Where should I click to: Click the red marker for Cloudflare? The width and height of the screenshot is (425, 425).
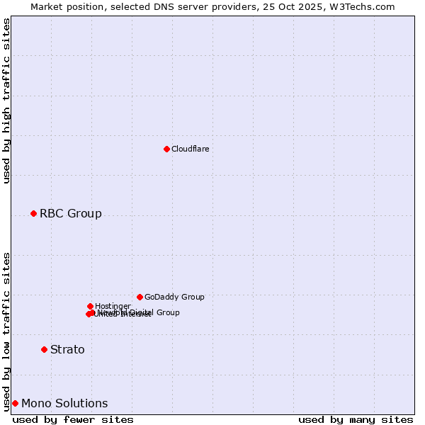[166, 149]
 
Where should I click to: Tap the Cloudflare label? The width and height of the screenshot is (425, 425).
[190, 149]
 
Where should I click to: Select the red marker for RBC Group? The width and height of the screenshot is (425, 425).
[33, 213]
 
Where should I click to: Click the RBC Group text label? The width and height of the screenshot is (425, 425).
[70, 213]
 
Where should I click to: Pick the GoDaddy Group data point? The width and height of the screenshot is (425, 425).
[140, 297]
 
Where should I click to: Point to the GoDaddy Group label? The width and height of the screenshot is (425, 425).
[174, 297]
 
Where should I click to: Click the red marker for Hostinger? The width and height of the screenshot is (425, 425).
[90, 306]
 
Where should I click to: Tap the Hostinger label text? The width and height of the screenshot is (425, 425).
[113, 306]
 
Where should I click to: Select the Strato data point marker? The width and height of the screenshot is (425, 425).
[44, 349]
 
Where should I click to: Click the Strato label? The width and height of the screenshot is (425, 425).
[67, 349]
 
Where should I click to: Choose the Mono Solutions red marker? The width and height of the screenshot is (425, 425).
[15, 403]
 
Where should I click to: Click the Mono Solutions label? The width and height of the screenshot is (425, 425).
[64, 403]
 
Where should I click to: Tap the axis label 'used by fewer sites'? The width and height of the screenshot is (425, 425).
[73, 419]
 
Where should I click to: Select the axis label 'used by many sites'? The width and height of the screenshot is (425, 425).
[356, 419]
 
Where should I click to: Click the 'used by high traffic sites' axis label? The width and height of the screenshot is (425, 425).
[6, 101]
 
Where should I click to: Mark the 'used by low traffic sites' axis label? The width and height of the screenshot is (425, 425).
[6, 331]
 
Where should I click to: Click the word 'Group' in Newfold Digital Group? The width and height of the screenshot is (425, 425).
[167, 312]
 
